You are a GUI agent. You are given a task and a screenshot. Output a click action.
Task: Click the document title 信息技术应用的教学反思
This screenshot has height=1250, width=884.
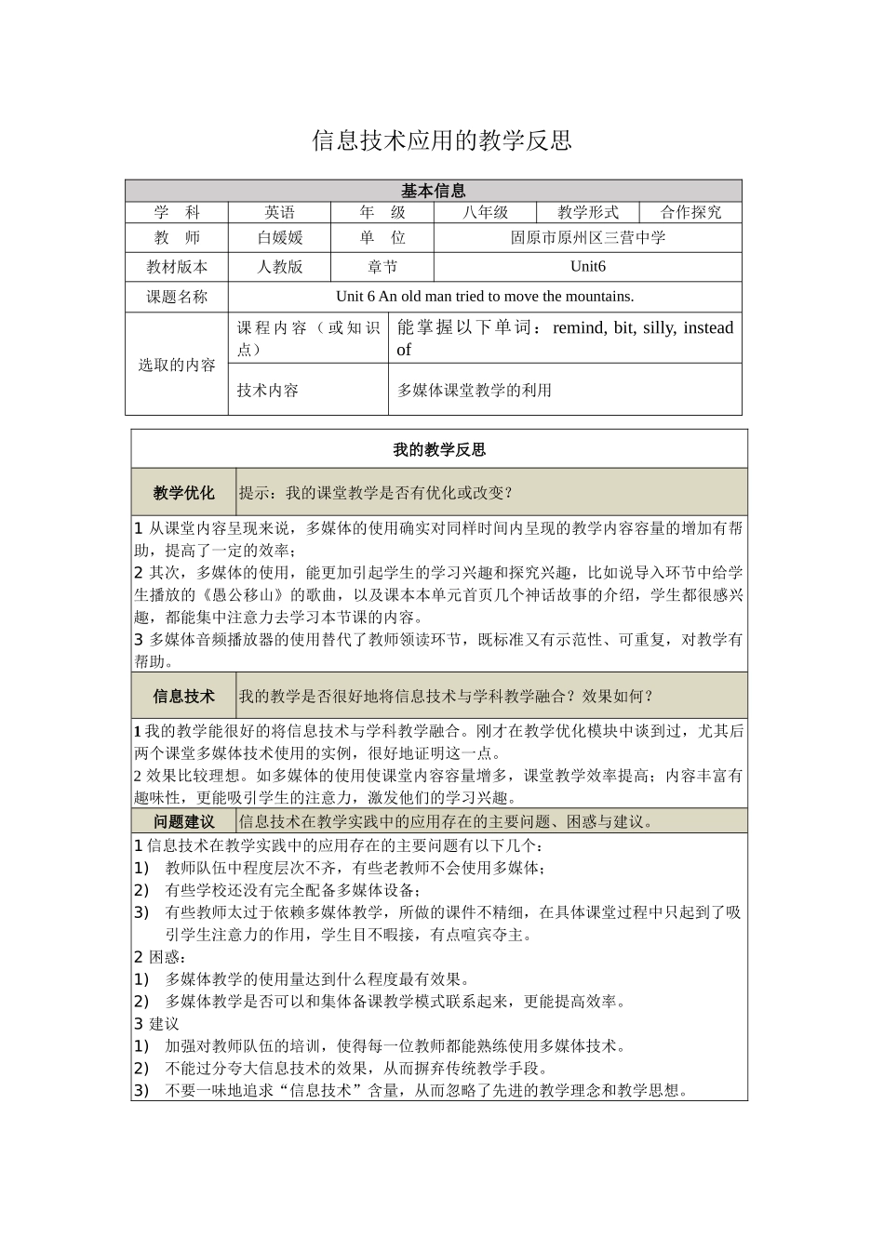pyautogui.click(x=441, y=140)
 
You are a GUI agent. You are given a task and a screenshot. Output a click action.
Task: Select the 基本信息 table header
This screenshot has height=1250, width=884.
pyautogui.click(x=434, y=191)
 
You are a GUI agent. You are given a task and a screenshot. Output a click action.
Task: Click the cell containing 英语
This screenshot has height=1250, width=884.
pyautogui.click(x=279, y=212)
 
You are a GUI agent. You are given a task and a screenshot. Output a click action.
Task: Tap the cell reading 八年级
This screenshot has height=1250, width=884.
pyautogui.click(x=486, y=212)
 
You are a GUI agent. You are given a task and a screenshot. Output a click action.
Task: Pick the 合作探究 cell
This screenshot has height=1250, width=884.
pyautogui.click(x=690, y=212)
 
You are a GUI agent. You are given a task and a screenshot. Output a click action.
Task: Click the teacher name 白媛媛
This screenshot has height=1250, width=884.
pyautogui.click(x=280, y=238)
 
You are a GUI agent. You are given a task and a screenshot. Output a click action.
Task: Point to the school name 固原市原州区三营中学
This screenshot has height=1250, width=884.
pyautogui.click(x=588, y=238)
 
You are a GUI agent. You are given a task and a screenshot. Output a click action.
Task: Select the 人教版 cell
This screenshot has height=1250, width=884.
pyautogui.click(x=280, y=267)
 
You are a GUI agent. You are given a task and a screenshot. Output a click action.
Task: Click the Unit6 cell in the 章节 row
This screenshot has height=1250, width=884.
pyautogui.click(x=588, y=267)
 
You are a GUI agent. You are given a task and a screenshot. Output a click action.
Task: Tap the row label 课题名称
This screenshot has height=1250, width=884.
pyautogui.click(x=177, y=297)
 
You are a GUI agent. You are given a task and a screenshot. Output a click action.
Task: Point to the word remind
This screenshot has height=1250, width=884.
pyautogui.click(x=579, y=327)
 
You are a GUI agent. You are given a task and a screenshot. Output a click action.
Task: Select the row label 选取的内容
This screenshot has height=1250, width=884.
pyautogui.click(x=177, y=365)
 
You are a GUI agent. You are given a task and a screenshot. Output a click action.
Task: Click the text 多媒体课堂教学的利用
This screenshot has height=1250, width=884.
pyautogui.click(x=475, y=391)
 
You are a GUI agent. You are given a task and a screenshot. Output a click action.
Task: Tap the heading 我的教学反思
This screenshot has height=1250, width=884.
pyautogui.click(x=439, y=450)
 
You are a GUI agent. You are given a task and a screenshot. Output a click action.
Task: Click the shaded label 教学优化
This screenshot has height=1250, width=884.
pyautogui.click(x=184, y=493)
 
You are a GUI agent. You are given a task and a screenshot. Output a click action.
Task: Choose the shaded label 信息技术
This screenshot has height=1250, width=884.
pyautogui.click(x=184, y=697)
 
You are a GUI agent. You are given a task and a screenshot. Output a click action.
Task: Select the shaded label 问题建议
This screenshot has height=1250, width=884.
pyautogui.click(x=184, y=821)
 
